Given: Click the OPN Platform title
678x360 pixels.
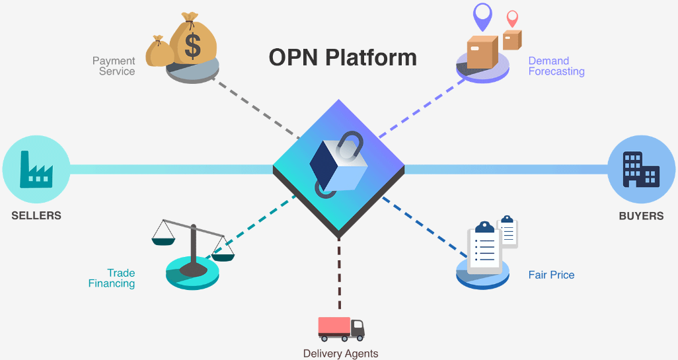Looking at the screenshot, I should coord(342,57).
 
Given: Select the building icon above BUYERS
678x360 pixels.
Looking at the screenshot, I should coord(640,168).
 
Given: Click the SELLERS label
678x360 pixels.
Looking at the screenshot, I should coord(36,216).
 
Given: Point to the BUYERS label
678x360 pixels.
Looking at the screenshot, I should coord(641,216).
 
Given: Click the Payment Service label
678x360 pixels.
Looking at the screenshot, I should coord(114,66).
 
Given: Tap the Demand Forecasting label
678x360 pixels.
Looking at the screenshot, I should coord(556,66).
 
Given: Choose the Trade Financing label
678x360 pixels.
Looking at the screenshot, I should coord(112,278).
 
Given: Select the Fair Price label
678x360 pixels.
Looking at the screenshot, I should coord(551,275).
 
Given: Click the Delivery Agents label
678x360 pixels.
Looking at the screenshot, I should coord(340,353).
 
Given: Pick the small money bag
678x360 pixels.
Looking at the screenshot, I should coord(159,52).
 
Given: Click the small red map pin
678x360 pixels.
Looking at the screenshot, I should coord(511,18).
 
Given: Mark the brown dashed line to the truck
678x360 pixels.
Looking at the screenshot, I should coord(339,277).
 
